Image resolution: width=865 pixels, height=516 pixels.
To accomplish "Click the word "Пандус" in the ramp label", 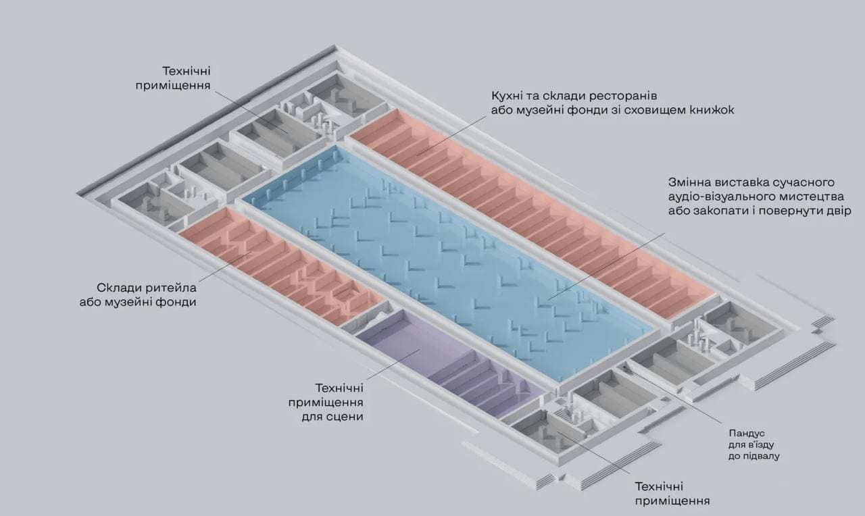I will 746,432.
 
